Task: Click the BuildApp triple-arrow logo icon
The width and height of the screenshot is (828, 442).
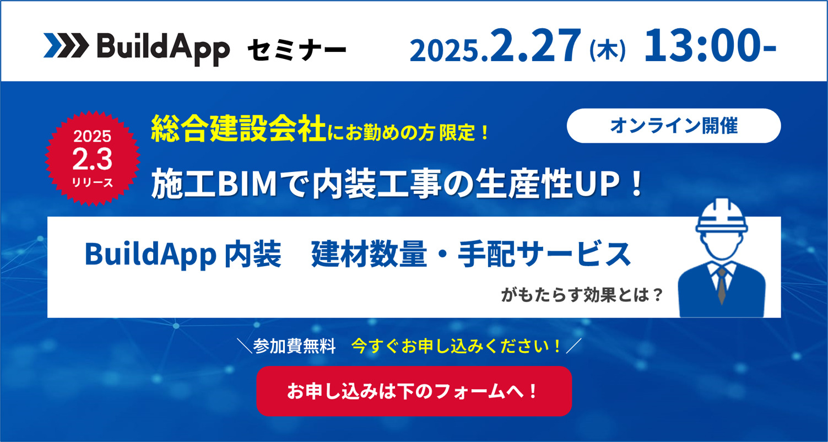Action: pos(65,46)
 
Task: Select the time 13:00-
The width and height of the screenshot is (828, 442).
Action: pos(710,46)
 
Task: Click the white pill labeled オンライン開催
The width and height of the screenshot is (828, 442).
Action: pos(673,126)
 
